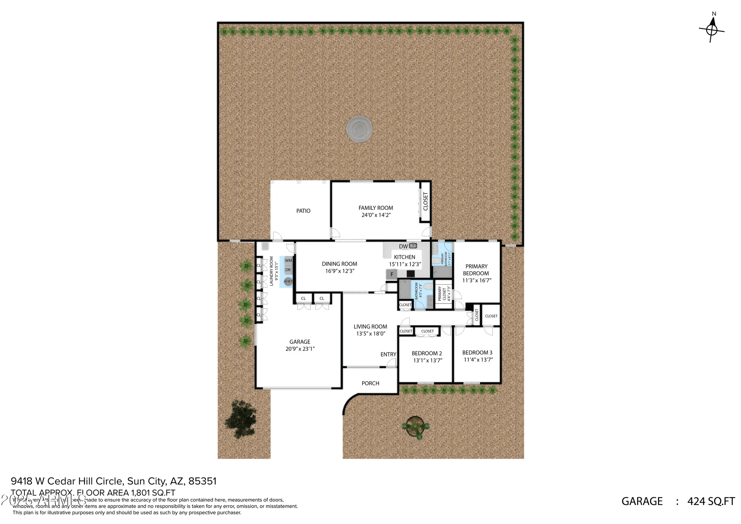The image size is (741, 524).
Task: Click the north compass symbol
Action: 712,29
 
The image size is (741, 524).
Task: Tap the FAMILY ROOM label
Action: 376,208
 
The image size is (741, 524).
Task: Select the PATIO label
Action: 303,211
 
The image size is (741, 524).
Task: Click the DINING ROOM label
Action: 339,264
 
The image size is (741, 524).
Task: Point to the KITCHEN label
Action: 405,257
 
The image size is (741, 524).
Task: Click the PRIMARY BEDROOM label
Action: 476,270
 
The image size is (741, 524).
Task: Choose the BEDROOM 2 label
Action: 427,354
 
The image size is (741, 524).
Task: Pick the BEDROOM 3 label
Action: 477,353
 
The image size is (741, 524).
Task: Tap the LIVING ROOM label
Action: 370,326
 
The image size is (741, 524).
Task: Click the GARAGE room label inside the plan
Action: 300,342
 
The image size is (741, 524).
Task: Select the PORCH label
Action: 370,383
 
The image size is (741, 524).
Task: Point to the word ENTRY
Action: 388,354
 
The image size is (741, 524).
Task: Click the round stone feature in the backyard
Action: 359,129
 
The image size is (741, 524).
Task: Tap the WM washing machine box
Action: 288,261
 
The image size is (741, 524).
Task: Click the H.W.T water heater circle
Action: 288,281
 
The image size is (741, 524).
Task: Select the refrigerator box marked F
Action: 392,275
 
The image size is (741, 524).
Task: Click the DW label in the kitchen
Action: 403,246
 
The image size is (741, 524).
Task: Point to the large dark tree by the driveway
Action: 241,419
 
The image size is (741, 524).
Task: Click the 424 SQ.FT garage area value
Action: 711,501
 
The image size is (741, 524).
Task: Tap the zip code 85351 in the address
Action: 202,481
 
